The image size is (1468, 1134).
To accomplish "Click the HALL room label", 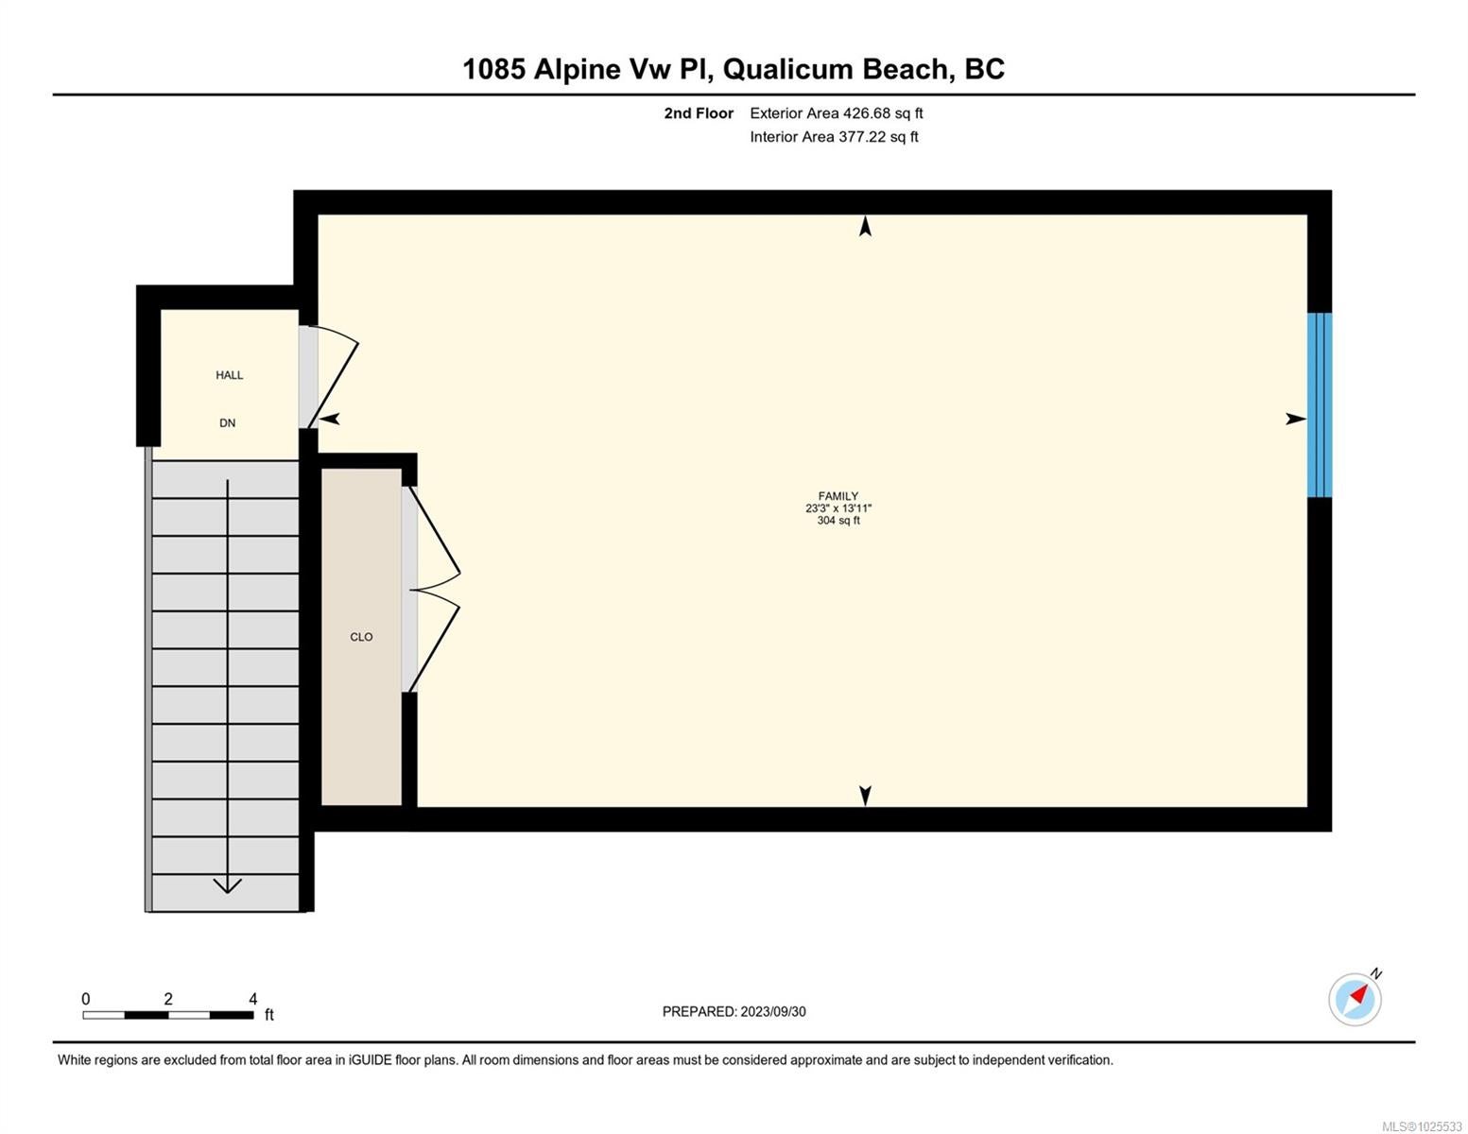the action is click(x=229, y=375).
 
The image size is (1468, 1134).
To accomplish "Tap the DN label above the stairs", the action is click(x=228, y=422).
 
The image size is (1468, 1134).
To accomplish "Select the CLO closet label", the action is click(x=361, y=637).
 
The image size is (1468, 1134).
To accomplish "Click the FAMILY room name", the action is click(x=838, y=496).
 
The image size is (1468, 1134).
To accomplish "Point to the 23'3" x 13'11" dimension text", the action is click(x=838, y=507).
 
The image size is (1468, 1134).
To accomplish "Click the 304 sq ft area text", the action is click(x=838, y=520).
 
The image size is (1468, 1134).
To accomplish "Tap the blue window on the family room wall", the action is click(x=1320, y=405).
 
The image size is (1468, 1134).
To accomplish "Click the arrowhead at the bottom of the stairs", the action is click(x=228, y=885).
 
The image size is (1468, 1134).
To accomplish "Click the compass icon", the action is click(x=1355, y=1000).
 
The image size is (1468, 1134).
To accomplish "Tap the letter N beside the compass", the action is click(x=1376, y=974).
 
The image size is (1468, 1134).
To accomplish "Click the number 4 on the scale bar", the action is click(x=252, y=998).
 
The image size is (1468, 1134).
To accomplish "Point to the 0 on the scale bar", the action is click(x=86, y=998).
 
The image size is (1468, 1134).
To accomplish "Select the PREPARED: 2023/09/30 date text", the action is click(x=734, y=1011).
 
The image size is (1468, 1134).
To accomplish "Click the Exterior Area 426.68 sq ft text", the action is click(x=837, y=112).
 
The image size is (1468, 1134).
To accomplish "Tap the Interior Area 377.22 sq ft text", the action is click(x=834, y=136).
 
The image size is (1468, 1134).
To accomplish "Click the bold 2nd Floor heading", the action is click(x=699, y=112).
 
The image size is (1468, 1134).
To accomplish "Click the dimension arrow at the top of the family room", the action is click(x=865, y=226).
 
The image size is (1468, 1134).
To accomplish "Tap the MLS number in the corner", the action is click(x=1422, y=1126).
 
